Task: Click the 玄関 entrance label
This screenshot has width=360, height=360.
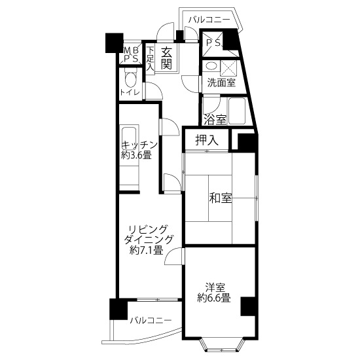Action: point(166,58)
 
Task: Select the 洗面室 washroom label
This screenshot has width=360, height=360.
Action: point(221,82)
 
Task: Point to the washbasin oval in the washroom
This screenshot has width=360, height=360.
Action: point(211,66)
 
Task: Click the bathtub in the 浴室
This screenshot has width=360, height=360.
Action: point(237,111)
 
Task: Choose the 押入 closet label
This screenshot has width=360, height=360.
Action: point(207,140)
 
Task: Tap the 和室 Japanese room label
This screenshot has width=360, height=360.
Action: point(221,198)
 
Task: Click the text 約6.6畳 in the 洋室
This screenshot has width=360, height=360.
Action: point(214,298)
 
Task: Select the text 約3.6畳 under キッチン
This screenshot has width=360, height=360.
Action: point(136,155)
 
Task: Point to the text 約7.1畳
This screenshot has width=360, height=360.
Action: point(146,250)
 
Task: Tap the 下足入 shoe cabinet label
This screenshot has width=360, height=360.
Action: point(151,59)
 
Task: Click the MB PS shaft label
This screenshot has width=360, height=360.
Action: point(131,54)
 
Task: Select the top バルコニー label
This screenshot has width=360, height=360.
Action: point(209,20)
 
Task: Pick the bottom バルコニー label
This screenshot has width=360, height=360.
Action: point(151,320)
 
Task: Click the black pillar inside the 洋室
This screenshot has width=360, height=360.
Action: point(248,306)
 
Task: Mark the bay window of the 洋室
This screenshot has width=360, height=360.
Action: point(221,345)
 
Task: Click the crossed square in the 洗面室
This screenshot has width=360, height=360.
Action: point(228,68)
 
